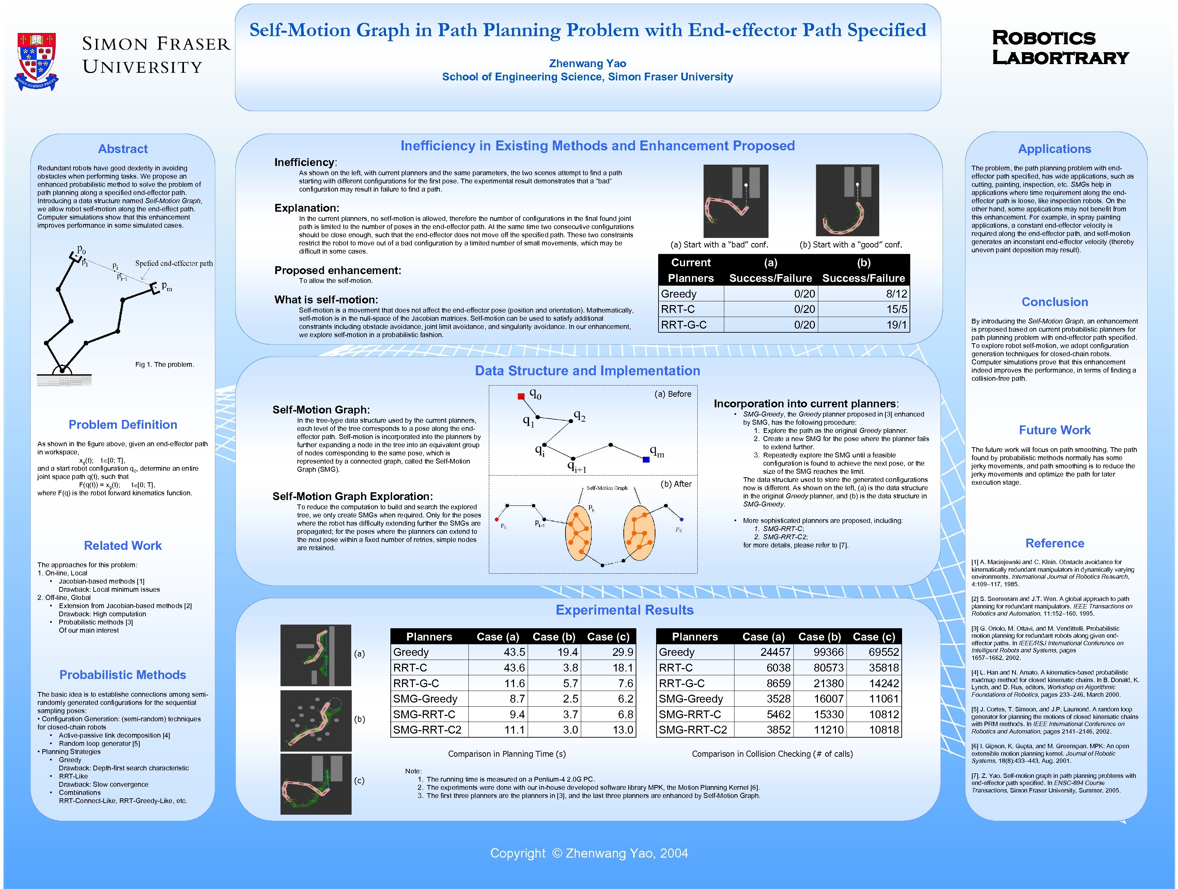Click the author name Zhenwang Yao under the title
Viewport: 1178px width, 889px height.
(x=587, y=63)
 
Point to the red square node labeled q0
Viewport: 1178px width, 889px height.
(x=521, y=396)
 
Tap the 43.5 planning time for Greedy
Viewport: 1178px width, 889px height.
(x=514, y=652)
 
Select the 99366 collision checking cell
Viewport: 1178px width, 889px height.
(x=828, y=652)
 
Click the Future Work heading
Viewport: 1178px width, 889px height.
(x=1054, y=430)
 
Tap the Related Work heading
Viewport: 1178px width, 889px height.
(x=123, y=546)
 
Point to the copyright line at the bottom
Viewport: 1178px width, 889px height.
(x=589, y=853)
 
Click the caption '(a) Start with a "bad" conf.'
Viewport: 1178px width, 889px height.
(x=719, y=245)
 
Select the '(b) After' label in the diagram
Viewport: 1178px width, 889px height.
(x=676, y=484)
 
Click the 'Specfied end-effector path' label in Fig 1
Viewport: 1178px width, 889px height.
(x=174, y=263)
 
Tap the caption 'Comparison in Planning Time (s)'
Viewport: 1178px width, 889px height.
(x=507, y=754)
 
